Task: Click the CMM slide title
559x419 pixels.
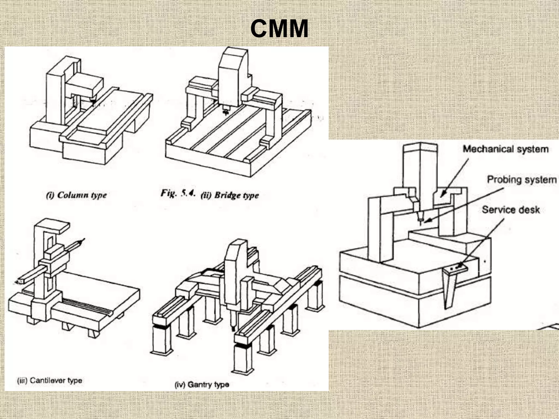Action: (279, 29)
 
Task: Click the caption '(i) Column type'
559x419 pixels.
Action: (76, 195)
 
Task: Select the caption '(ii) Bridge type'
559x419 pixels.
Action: (230, 195)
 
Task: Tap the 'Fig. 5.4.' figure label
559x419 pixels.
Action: (178, 193)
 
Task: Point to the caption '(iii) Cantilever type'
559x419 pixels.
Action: (49, 381)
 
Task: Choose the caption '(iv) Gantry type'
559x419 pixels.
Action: (202, 385)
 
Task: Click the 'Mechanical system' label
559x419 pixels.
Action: (506, 149)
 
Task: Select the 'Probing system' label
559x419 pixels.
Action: (522, 180)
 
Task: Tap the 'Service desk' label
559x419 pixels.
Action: (511, 210)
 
